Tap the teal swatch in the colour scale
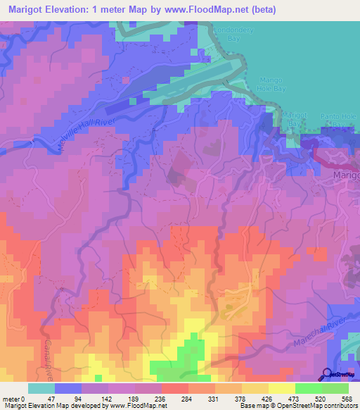click(41, 388)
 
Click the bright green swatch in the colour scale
click(309, 388)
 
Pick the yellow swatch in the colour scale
click(282, 388)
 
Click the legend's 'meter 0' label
click(11, 398)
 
